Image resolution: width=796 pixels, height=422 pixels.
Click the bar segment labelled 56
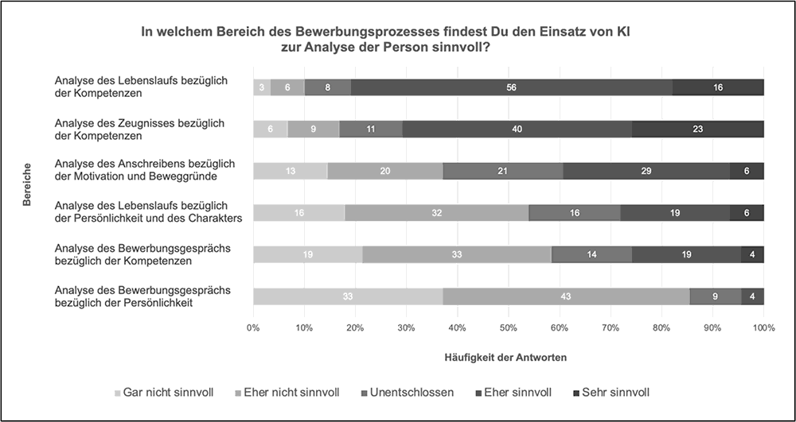pos(511,87)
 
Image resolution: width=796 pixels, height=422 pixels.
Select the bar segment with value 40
pos(517,129)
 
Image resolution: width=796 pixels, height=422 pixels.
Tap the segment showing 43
pos(566,296)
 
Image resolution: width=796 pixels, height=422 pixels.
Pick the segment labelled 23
pos(698,129)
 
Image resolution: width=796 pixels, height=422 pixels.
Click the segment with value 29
pos(646,171)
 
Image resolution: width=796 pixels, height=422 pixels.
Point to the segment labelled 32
pos(436,213)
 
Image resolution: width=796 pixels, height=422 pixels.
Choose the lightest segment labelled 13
pos(291,171)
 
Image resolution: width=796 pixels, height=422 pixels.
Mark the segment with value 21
pos(503,171)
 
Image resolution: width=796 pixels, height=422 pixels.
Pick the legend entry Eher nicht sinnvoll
pos(290,393)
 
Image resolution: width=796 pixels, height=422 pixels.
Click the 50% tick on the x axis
pos(509,327)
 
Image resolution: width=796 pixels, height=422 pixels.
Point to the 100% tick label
pos(763,327)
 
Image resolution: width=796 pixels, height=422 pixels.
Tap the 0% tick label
pos(253,327)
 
